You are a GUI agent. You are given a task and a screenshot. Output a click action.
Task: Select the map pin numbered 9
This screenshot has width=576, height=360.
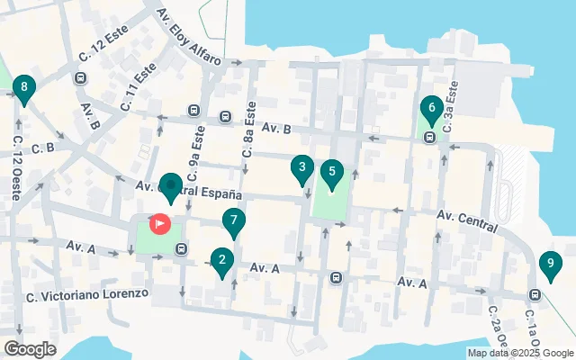(x=549, y=265)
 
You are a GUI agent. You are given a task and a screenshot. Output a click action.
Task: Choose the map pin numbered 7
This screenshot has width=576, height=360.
(x=234, y=220)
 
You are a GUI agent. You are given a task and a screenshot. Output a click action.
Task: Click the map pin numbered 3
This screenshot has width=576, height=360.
(x=302, y=167)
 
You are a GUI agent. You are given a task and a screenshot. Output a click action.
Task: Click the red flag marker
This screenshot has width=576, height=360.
(x=160, y=221)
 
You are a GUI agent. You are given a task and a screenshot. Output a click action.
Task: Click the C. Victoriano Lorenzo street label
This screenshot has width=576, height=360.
(x=86, y=295)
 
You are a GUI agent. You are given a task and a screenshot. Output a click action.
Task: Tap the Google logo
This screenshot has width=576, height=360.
(x=30, y=349)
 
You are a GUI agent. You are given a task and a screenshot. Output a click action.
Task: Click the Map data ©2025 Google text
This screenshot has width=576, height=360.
(x=520, y=353)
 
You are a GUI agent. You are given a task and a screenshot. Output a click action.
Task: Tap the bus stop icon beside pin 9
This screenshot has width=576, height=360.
(x=535, y=293)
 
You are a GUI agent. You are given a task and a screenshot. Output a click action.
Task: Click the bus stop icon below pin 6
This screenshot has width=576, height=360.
(x=430, y=138)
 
